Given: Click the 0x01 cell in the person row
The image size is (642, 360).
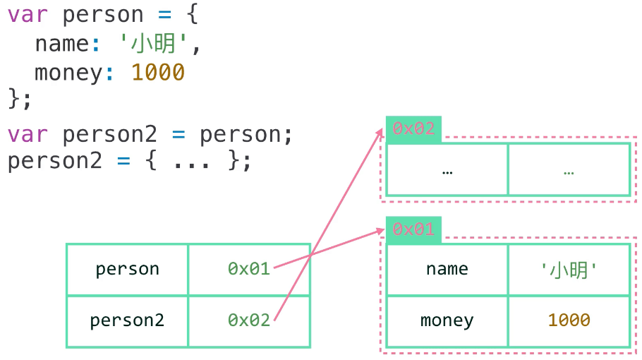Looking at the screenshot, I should pos(249,269).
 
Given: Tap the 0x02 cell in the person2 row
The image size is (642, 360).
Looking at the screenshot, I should pos(249,320).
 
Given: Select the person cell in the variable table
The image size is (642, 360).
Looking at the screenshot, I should pos(127,269).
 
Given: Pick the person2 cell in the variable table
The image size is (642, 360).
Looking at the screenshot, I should pos(127,320).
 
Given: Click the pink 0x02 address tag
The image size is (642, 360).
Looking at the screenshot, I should pos(413,128).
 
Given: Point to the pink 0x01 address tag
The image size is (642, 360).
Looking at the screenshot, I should pos(413,229).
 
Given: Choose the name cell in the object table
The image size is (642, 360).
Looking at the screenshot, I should pos(447,269).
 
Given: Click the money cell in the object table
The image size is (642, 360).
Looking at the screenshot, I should pos(447,320).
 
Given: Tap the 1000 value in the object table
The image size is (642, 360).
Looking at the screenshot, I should pos(569,320).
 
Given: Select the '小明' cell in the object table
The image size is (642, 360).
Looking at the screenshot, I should pos(569,269).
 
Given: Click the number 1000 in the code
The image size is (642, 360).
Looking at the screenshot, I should pos(158,72).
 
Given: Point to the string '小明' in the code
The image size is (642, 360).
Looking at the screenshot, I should pos(155,44).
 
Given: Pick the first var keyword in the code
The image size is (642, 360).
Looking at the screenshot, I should pos(28,15).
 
